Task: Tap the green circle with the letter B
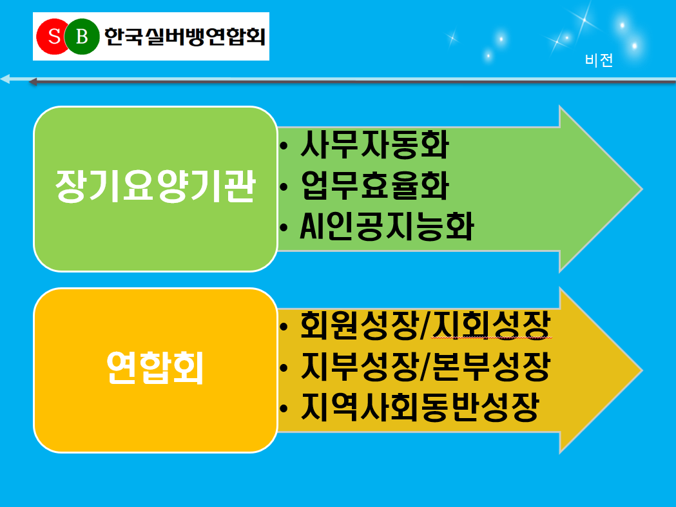[x=82, y=37]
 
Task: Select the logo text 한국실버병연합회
[x=184, y=37]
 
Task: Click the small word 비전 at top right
[x=599, y=60]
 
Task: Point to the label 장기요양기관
[x=156, y=186]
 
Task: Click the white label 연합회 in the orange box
[x=155, y=367]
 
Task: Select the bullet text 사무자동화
[x=375, y=144]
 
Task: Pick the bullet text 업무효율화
[x=375, y=186]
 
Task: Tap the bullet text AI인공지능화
[x=387, y=226]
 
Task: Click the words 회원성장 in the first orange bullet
[x=359, y=325]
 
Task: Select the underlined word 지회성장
[x=492, y=325]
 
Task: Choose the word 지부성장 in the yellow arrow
[x=359, y=367]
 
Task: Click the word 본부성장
[x=492, y=367]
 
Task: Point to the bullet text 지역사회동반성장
[x=420, y=407]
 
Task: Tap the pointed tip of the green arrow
[x=641, y=189]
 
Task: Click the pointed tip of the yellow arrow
[x=641, y=370]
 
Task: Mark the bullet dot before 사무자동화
[x=284, y=146]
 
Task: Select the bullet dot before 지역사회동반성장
[x=284, y=408]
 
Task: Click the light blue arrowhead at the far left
[x=5, y=79]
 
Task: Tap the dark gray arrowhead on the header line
[x=33, y=81]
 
